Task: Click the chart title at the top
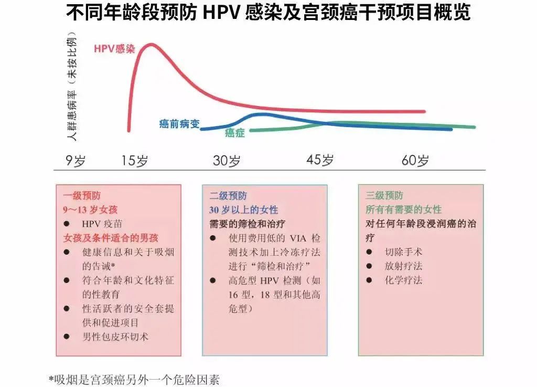click(268, 12)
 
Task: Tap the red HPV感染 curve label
click(114, 48)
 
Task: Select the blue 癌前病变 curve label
click(179, 124)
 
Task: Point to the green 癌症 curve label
click(234, 133)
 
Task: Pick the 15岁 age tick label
click(135, 161)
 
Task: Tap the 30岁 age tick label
click(227, 161)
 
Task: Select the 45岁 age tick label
click(320, 160)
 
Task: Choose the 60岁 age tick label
click(415, 160)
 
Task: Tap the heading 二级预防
click(228, 196)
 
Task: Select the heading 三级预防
click(384, 196)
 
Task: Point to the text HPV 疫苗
click(102, 224)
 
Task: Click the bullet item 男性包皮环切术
click(115, 337)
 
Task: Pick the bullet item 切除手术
click(403, 252)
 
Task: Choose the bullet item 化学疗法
click(403, 280)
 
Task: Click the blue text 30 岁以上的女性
click(243, 210)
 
